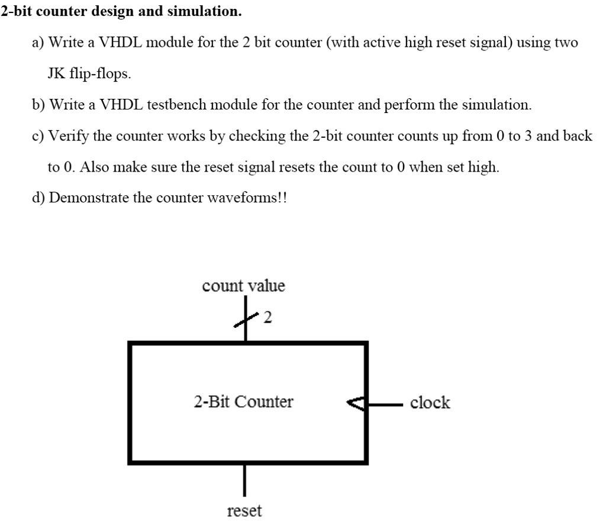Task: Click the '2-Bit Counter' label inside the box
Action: (x=243, y=402)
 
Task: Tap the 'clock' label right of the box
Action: (x=430, y=403)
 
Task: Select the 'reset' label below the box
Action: (x=244, y=511)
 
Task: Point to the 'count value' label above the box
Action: (x=243, y=286)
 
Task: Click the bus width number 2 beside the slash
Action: (x=267, y=318)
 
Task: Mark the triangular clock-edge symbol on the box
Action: (x=357, y=404)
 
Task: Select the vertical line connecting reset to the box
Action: (x=244, y=481)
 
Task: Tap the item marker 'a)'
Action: (x=38, y=43)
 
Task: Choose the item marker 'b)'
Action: (x=38, y=105)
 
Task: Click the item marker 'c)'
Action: (x=38, y=136)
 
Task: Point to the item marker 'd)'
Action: (x=38, y=198)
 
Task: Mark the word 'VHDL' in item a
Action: (x=120, y=43)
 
